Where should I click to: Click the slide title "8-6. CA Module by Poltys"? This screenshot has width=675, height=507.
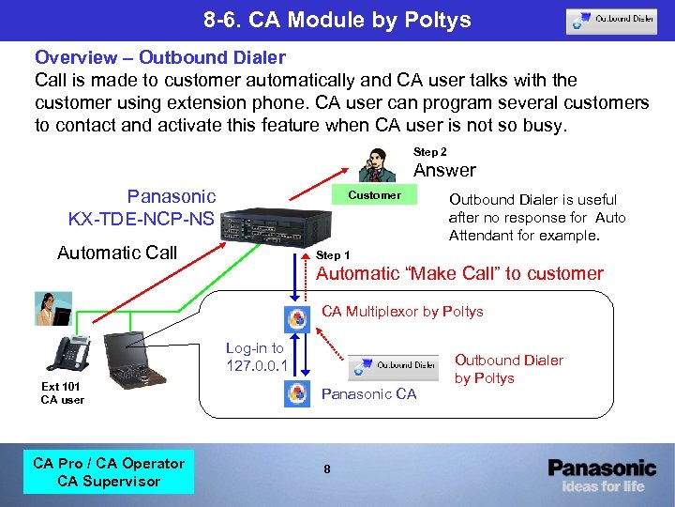pyautogui.click(x=337, y=20)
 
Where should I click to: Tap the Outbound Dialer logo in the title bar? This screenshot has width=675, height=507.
pyautogui.click(x=610, y=21)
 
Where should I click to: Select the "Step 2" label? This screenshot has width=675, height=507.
pyautogui.click(x=430, y=151)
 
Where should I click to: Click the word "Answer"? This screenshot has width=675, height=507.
pyautogui.click(x=444, y=170)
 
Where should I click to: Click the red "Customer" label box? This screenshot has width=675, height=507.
pyautogui.click(x=374, y=195)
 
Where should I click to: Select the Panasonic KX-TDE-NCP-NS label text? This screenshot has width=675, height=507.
pyautogui.click(x=142, y=207)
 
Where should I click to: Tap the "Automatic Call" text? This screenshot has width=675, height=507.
pyautogui.click(x=117, y=253)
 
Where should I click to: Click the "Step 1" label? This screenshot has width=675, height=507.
pyautogui.click(x=334, y=255)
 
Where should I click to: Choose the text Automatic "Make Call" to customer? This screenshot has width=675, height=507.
pyautogui.click(x=459, y=273)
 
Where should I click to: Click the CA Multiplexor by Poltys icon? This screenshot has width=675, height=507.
pyautogui.click(x=297, y=318)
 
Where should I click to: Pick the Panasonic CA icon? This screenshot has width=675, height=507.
pyautogui.click(x=297, y=393)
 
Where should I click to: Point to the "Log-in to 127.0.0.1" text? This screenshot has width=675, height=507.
pyautogui.click(x=255, y=357)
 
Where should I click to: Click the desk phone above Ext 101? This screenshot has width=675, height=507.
pyautogui.click(x=65, y=354)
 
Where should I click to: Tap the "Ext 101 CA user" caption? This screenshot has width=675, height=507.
pyautogui.click(x=63, y=392)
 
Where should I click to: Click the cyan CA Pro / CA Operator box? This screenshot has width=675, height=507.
pyautogui.click(x=109, y=472)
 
